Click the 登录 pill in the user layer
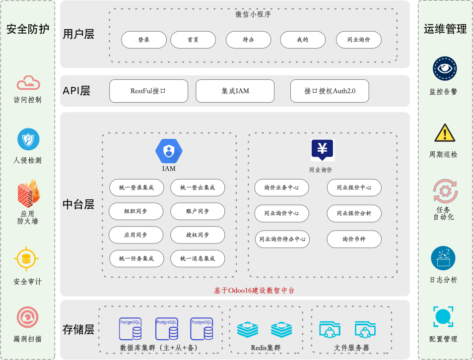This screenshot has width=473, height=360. (x=144, y=40)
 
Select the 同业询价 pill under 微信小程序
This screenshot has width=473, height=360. (x=359, y=40)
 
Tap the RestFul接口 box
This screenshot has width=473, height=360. (x=149, y=91)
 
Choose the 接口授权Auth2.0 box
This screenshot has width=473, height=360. (x=330, y=91)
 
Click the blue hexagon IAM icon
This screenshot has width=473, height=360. (x=169, y=151)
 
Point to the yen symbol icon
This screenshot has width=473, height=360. (x=323, y=150)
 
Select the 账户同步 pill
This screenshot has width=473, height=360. (x=198, y=211)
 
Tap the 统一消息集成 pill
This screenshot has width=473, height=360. (x=198, y=258)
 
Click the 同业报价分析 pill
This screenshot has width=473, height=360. (x=354, y=213)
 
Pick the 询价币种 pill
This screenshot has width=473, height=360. (x=354, y=239)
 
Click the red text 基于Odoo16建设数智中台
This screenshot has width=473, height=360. (x=254, y=291)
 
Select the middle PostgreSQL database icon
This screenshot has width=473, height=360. (x=166, y=329)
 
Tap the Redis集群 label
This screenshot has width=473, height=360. (x=266, y=348)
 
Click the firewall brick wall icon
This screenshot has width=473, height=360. (x=29, y=194)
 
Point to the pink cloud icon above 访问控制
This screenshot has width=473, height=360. (x=28, y=83)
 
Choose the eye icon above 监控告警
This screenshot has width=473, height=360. (x=445, y=68)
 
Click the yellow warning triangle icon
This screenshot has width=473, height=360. (x=445, y=133)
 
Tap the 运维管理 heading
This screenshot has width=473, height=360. (x=445, y=29)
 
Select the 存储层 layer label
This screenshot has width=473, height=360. (x=78, y=330)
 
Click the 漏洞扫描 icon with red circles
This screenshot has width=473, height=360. (x=27, y=317)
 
